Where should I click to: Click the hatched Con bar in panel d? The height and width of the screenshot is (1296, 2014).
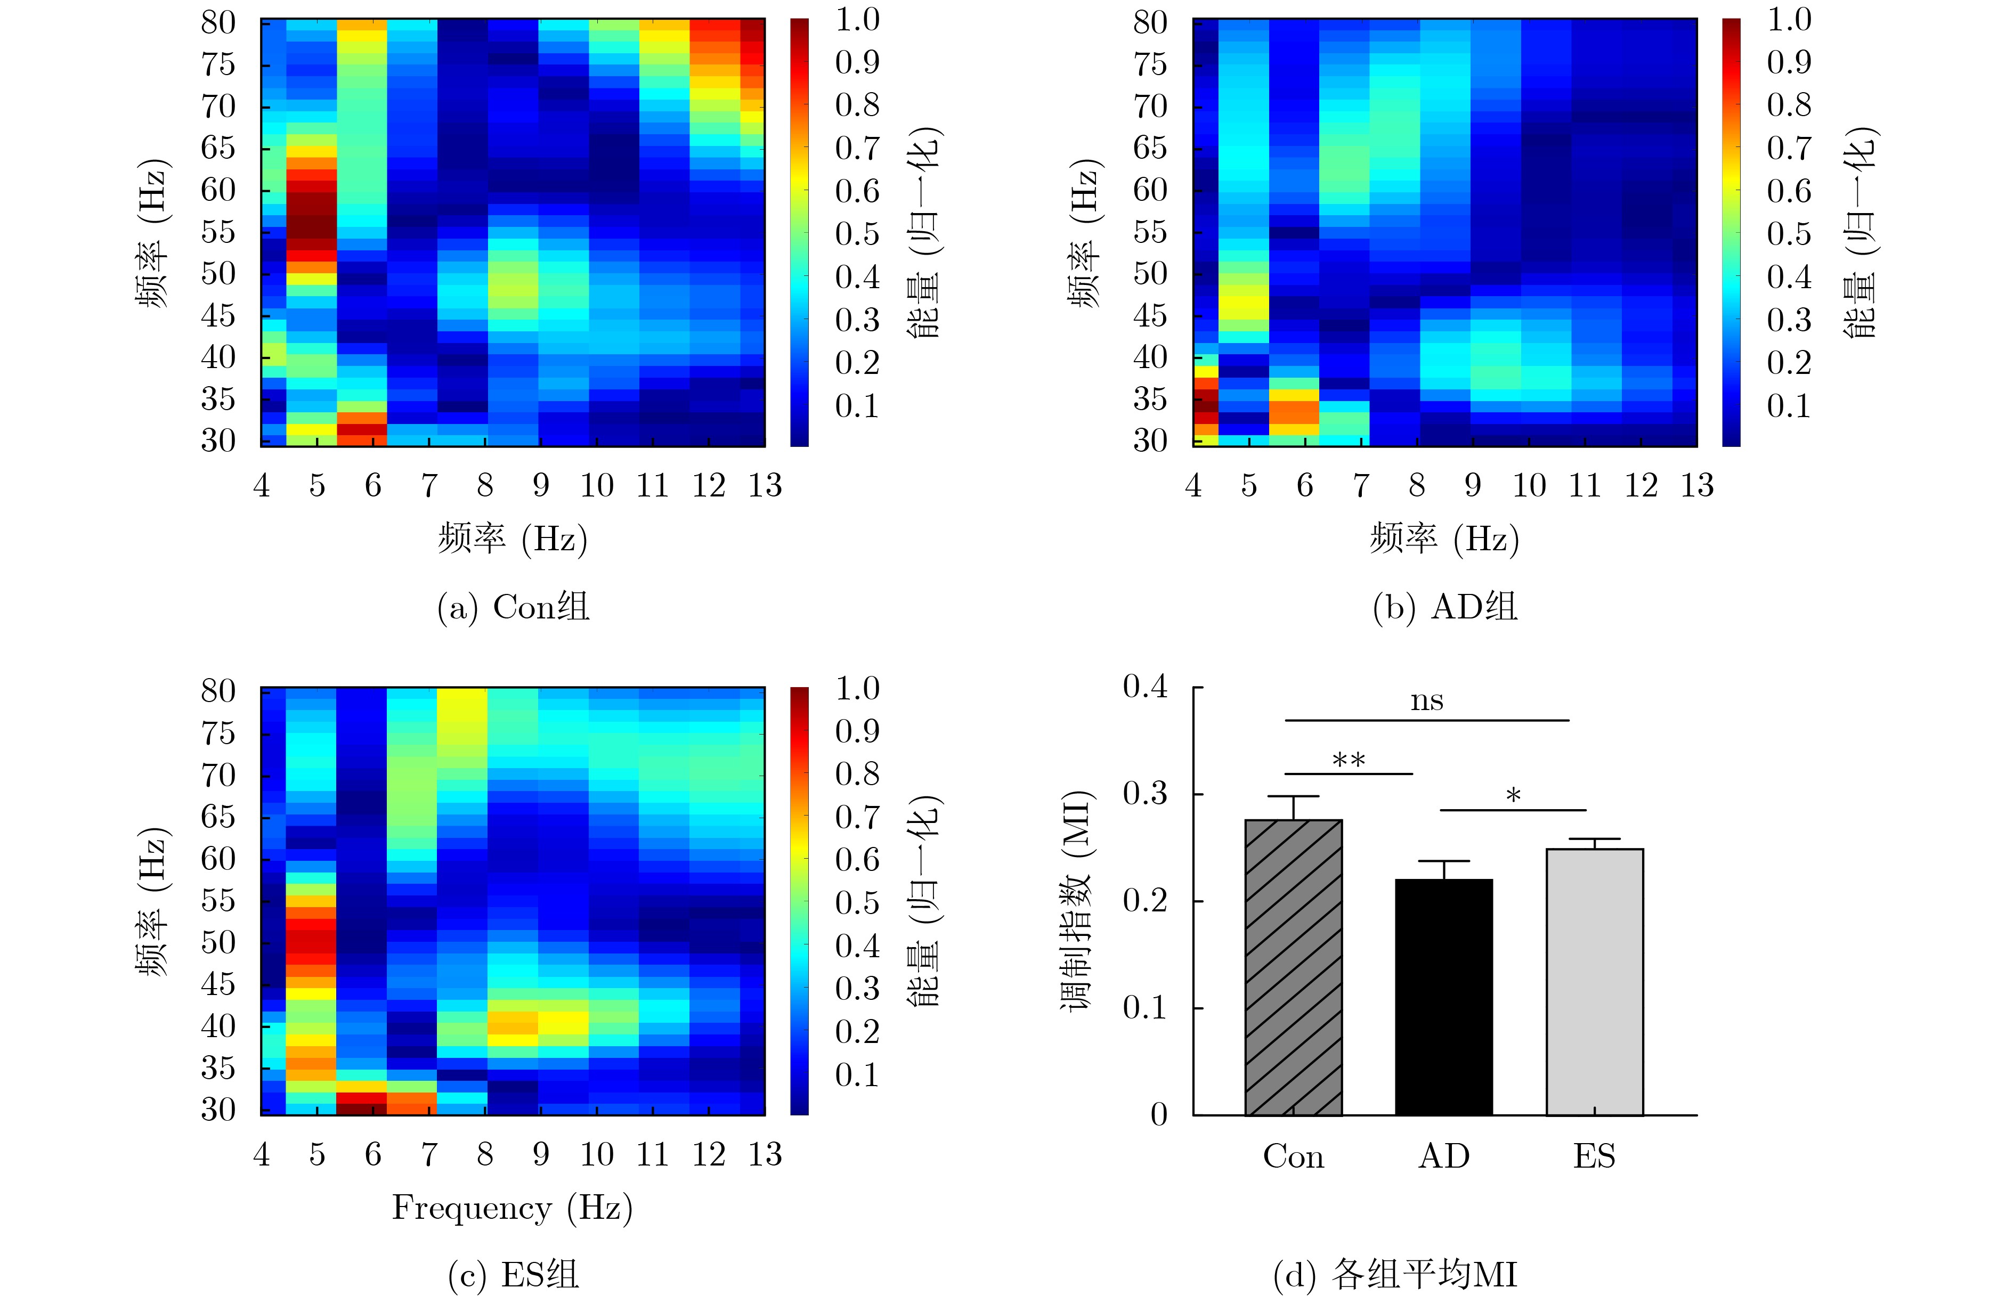[1294, 968]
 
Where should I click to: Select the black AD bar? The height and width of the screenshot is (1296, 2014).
[1444, 997]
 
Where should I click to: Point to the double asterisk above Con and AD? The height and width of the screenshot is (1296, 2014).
[1349, 760]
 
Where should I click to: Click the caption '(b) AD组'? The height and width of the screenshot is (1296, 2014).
[1444, 607]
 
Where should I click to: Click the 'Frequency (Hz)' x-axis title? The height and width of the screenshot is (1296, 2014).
[511, 1208]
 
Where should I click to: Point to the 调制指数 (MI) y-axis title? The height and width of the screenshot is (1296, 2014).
[1077, 900]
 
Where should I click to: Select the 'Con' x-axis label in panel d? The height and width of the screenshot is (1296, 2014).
[1294, 1156]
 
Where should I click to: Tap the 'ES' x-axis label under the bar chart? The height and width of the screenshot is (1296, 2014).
[1594, 1156]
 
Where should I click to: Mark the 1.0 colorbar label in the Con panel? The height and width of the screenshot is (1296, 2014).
[857, 19]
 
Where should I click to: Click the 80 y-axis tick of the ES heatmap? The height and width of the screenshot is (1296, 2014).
[218, 691]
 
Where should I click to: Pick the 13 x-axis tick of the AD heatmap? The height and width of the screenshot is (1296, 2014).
[1696, 486]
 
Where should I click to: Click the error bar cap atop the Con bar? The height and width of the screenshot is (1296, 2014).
[1294, 796]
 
